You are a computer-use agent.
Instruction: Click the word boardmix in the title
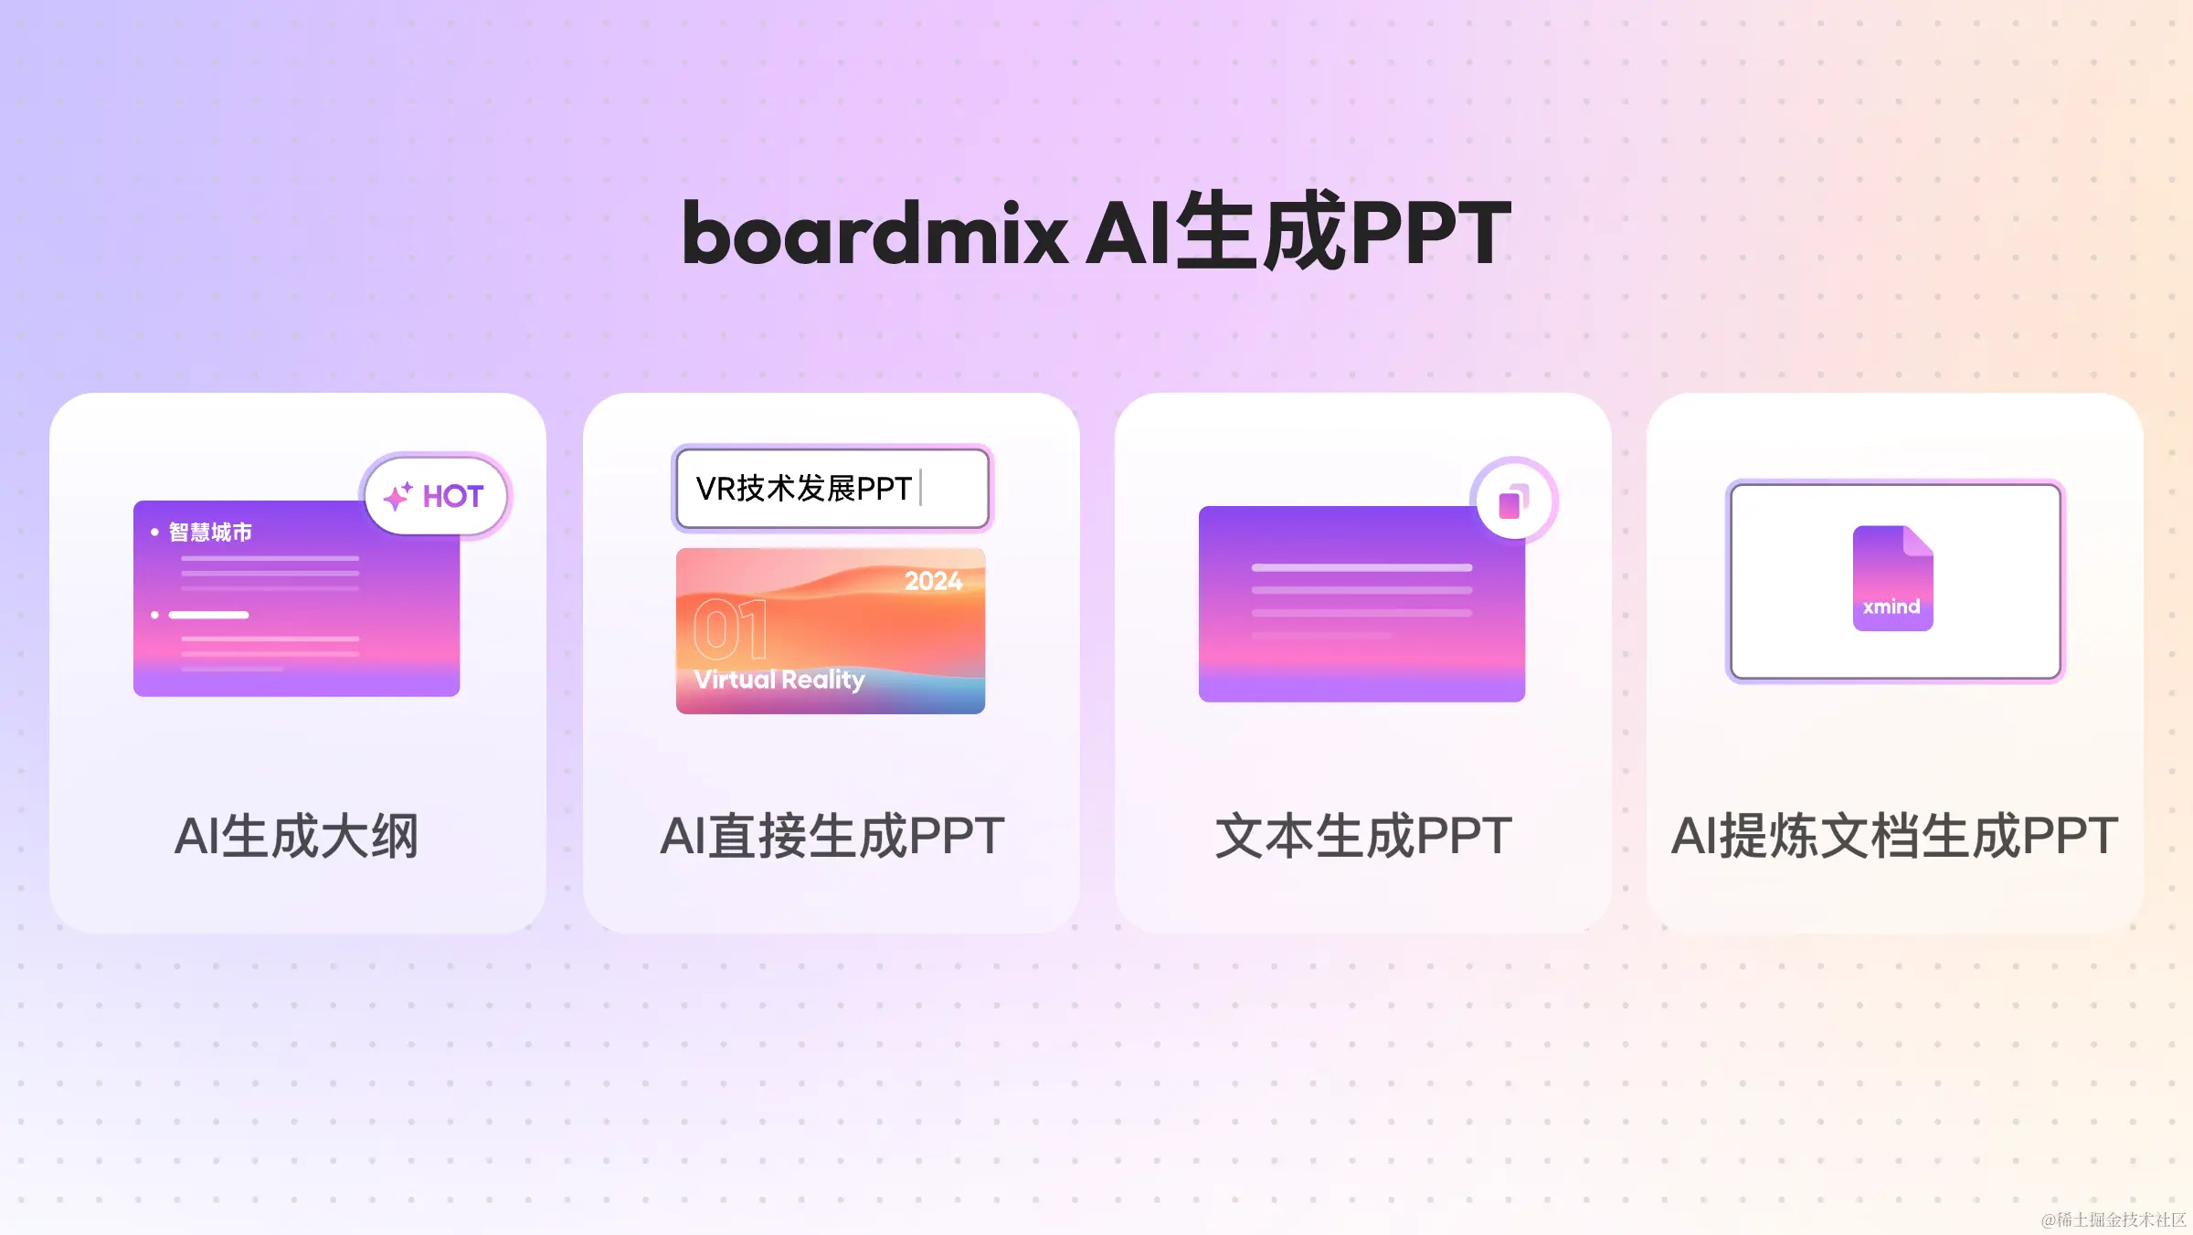coord(874,234)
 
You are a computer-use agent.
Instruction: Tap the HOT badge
coord(436,496)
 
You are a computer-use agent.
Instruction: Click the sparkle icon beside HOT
coord(397,496)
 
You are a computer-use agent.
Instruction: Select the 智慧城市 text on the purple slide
coord(210,532)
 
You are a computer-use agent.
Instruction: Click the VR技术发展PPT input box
coord(832,489)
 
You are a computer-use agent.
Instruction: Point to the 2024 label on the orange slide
coord(933,581)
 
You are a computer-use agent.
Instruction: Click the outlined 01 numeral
coord(730,629)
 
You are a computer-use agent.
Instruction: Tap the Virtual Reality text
coord(779,680)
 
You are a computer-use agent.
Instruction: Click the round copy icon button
coord(1513,501)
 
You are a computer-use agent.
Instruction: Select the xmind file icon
coord(1892,578)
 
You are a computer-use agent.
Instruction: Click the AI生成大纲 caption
coord(296,836)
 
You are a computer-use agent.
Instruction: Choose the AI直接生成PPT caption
coord(832,836)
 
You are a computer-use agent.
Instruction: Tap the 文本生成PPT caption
coord(1363,836)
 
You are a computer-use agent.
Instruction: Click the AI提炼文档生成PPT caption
coord(1894,836)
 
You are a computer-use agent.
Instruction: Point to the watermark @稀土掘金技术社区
coord(2114,1219)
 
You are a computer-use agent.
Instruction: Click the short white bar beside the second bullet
coord(208,615)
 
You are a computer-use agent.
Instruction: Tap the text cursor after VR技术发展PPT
coord(921,488)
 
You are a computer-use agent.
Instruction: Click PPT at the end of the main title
coord(1431,234)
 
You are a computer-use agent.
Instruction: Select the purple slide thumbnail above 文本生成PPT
coord(1361,604)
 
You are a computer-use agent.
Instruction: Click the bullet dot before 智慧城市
coord(154,532)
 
